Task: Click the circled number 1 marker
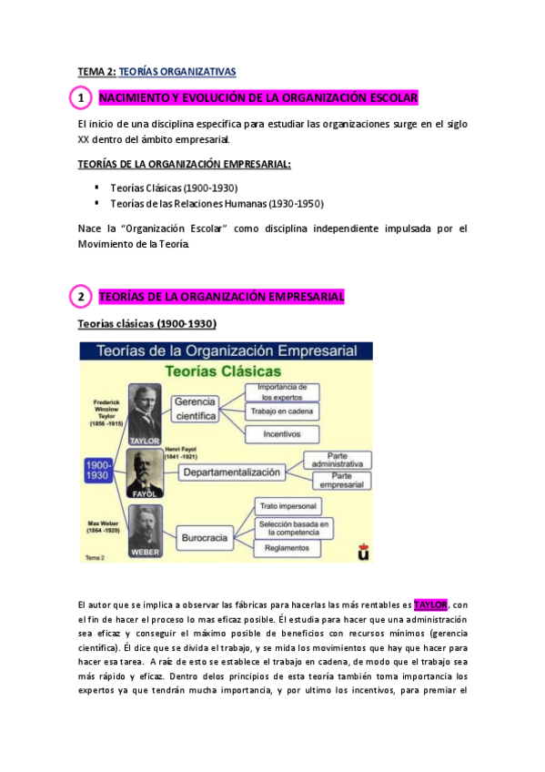tap(80, 97)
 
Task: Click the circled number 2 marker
tap(80, 297)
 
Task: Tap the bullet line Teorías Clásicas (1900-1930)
tap(174, 188)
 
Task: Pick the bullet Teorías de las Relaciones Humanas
tap(217, 203)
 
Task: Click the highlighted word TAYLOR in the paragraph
tap(430, 604)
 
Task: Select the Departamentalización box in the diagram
tap(231, 472)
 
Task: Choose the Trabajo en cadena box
tap(282, 411)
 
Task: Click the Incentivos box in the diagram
tap(282, 434)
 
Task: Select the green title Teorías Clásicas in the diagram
tap(222, 371)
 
